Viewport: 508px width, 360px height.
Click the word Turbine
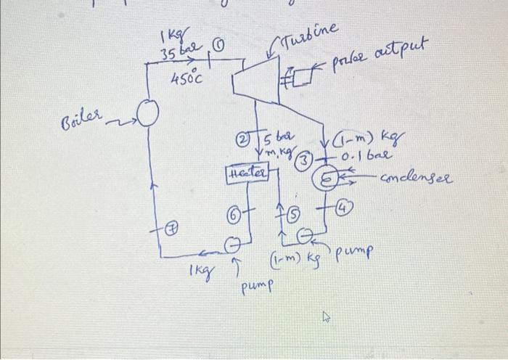[310, 33]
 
